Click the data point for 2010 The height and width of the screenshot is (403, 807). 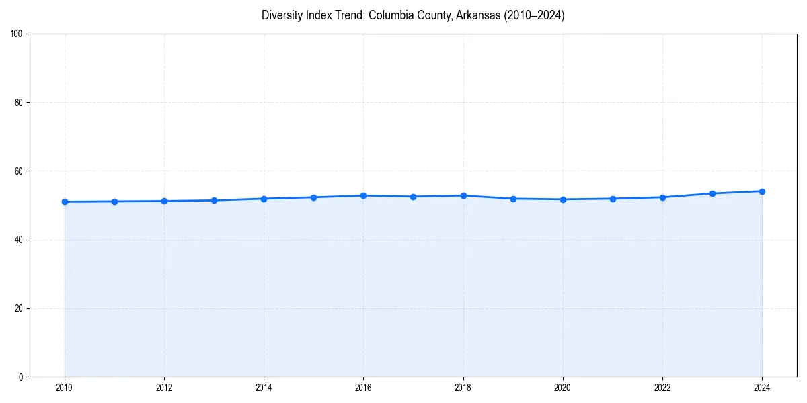pyautogui.click(x=65, y=201)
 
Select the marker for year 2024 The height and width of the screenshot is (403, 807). pyautogui.click(x=762, y=191)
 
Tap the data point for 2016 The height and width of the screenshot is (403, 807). pyautogui.click(x=363, y=195)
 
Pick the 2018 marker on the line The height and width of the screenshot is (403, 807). pyautogui.click(x=463, y=195)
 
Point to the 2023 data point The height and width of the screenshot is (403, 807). pyautogui.click(x=712, y=193)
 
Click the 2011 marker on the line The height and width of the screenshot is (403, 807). pyautogui.click(x=114, y=201)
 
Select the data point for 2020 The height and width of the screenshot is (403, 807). pyautogui.click(x=563, y=199)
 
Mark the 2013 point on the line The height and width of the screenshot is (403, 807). pyautogui.click(x=214, y=200)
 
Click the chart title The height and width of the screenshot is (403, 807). pyautogui.click(x=413, y=15)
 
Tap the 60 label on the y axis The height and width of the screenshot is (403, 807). pyautogui.click(x=19, y=171)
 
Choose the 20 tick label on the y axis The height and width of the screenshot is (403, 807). pyautogui.click(x=19, y=308)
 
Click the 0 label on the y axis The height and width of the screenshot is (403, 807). pyautogui.click(x=21, y=377)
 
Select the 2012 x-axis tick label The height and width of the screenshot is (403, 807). pyautogui.click(x=164, y=388)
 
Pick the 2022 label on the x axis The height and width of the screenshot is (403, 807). pyautogui.click(x=662, y=388)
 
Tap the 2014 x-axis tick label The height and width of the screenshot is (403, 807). pyautogui.click(x=264, y=388)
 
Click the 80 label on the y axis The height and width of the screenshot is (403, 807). pyautogui.click(x=19, y=103)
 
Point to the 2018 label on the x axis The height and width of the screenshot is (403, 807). pyautogui.click(x=463, y=388)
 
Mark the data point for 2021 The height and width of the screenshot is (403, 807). pyautogui.click(x=613, y=199)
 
